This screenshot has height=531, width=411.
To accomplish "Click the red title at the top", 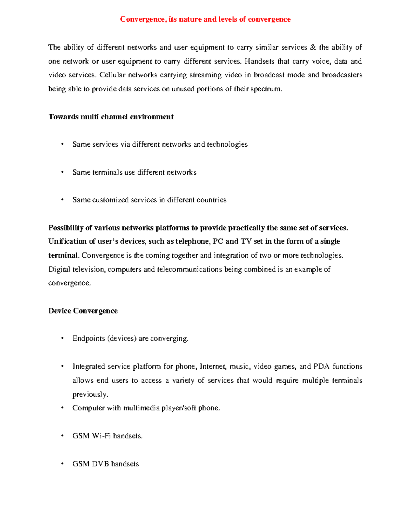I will pos(205,19).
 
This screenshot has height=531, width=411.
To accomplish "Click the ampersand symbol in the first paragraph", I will pos(313,47).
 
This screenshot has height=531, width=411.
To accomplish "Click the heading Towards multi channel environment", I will pos(111,117).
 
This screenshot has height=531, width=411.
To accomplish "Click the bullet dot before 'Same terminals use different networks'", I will pos(62,172).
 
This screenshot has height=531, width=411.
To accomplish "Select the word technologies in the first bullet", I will pos(227,144).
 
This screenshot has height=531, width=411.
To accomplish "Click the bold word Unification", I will pos(68,241).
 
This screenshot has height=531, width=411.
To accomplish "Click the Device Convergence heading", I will pos(83,311).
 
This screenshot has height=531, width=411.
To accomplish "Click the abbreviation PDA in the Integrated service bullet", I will pos(321,367).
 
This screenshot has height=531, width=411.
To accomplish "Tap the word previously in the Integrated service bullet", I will pos(90,395).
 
